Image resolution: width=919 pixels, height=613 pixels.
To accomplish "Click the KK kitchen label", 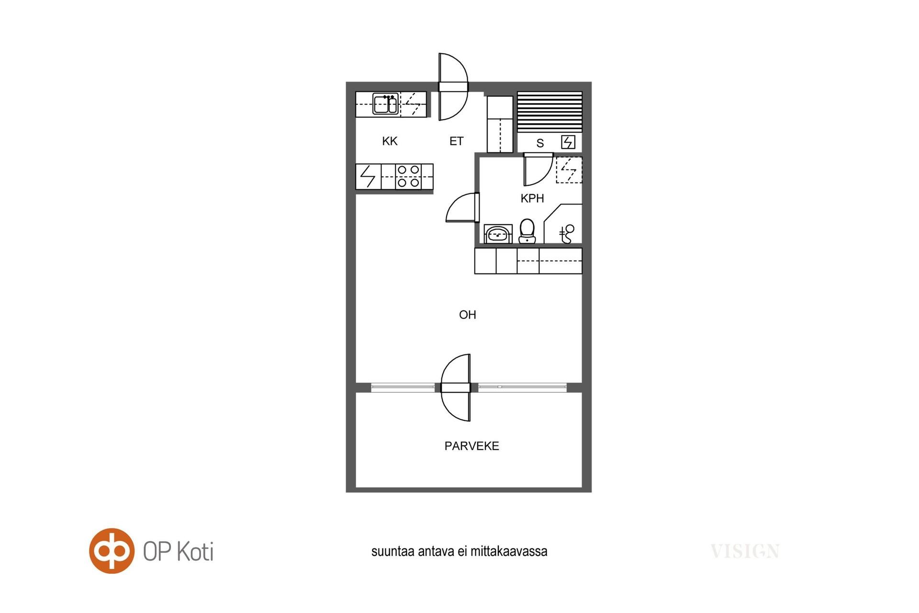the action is click(390, 141).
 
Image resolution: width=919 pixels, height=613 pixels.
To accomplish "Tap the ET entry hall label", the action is click(456, 141).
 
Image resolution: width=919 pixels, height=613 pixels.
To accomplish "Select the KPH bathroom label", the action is click(532, 198).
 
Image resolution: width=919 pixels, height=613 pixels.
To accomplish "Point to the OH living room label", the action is click(467, 315).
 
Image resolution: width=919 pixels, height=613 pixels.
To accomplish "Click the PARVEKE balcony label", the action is click(471, 446).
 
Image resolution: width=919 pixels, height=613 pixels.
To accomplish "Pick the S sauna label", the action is click(540, 143).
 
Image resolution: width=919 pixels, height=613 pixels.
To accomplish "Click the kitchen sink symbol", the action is click(385, 104).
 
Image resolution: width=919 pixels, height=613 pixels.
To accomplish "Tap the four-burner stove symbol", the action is click(408, 176).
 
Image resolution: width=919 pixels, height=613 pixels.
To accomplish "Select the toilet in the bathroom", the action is click(527, 231).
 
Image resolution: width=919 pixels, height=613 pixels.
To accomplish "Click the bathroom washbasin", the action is click(498, 234).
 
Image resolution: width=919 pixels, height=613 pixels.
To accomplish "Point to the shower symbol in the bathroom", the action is click(567, 234).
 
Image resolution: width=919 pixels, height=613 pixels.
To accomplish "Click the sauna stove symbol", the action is click(568, 142).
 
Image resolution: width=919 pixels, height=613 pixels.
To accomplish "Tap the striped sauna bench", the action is click(550, 112).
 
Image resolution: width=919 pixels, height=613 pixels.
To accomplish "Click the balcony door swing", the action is click(456, 388).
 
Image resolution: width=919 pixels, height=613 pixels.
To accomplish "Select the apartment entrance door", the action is click(453, 87).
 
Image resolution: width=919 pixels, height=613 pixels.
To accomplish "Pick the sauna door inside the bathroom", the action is click(538, 169).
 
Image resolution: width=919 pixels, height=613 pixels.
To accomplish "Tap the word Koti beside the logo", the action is click(195, 551).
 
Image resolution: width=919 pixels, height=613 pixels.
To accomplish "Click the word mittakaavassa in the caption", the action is click(509, 551).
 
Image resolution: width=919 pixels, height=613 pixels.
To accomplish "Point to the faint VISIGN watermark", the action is click(745, 551).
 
